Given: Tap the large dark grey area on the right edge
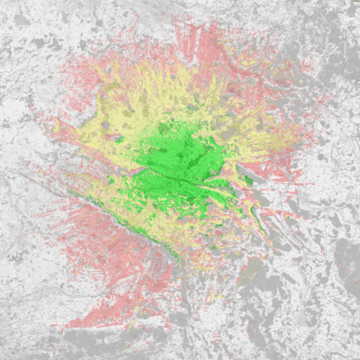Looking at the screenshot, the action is (346, 261).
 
